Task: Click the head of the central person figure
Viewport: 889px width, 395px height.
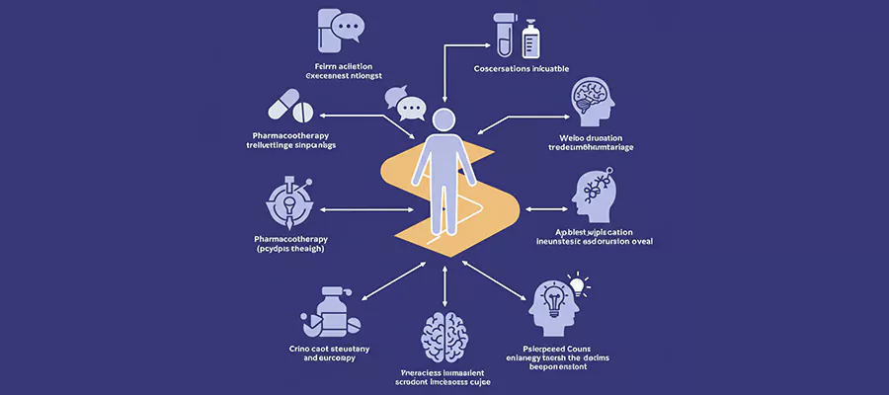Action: (x=444, y=121)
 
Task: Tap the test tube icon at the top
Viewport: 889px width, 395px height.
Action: (x=504, y=34)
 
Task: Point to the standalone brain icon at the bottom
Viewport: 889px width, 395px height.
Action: (x=444, y=337)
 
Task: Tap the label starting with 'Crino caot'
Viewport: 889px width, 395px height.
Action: (x=329, y=349)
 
